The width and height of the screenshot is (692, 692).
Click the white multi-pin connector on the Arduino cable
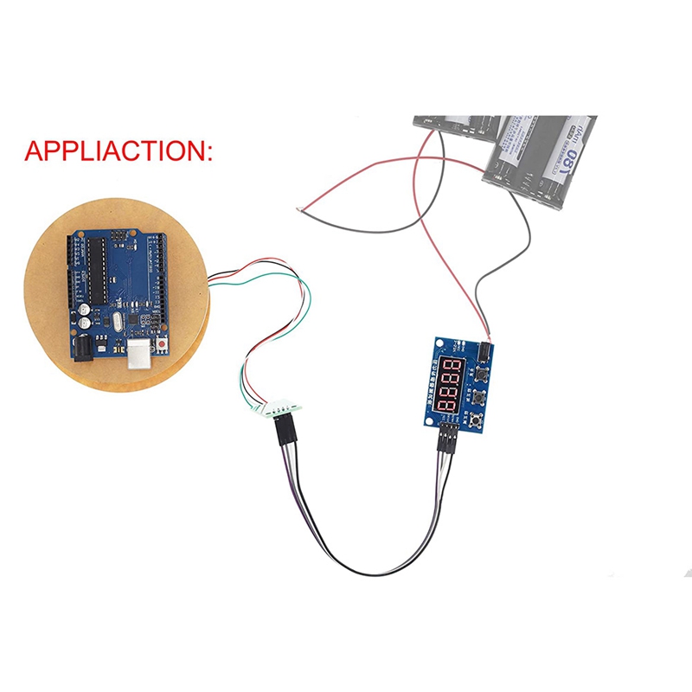[281, 408]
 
